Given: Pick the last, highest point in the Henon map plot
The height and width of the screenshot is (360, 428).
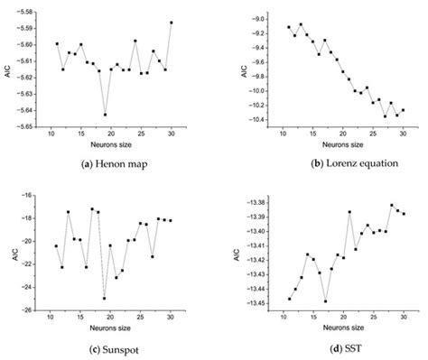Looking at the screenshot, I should tap(171, 22).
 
